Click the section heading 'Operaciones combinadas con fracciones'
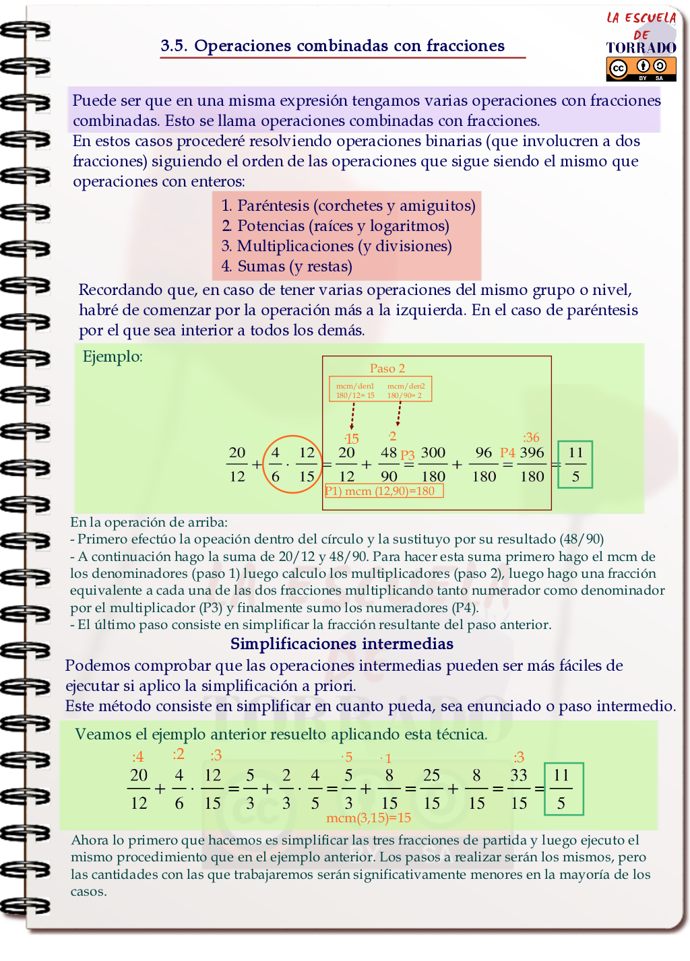[333, 46]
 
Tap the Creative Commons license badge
[641, 69]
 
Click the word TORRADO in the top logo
[641, 48]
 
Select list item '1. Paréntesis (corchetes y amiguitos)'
[348, 205]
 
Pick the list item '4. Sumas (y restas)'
[286, 266]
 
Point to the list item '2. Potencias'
[335, 226]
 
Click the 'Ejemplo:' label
[113, 356]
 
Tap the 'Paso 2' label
[387, 368]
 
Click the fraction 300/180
[433, 464]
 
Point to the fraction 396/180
[532, 464]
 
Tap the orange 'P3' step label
[408, 455]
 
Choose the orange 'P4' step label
[507, 453]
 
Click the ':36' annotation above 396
[531, 437]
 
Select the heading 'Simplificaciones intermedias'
[342, 644]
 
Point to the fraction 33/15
[519, 789]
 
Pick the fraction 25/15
[432, 789]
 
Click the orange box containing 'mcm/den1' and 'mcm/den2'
[380, 390]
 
